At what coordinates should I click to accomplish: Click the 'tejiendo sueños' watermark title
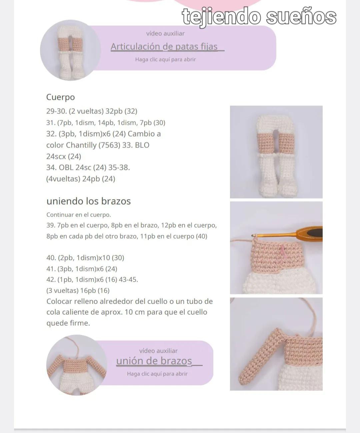[x=259, y=17]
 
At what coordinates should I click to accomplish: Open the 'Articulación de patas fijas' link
[x=164, y=46]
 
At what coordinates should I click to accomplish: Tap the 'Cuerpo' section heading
[x=60, y=97]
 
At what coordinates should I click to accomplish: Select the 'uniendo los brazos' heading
[x=88, y=201]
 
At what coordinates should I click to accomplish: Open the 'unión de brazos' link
[x=154, y=361]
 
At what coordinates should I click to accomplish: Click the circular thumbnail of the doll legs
[x=70, y=50]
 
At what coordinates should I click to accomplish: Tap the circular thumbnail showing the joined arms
[x=76, y=365]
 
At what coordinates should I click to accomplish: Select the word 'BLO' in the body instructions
[x=142, y=145]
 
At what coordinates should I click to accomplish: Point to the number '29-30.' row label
[x=56, y=111]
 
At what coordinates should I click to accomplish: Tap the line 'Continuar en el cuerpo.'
[x=79, y=215]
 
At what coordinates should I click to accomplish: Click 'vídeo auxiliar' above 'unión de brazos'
[x=158, y=351]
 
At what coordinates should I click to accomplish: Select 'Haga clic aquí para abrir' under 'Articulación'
[x=165, y=59]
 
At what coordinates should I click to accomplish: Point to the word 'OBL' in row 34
[x=66, y=167]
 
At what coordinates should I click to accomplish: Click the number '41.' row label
[x=51, y=269]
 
